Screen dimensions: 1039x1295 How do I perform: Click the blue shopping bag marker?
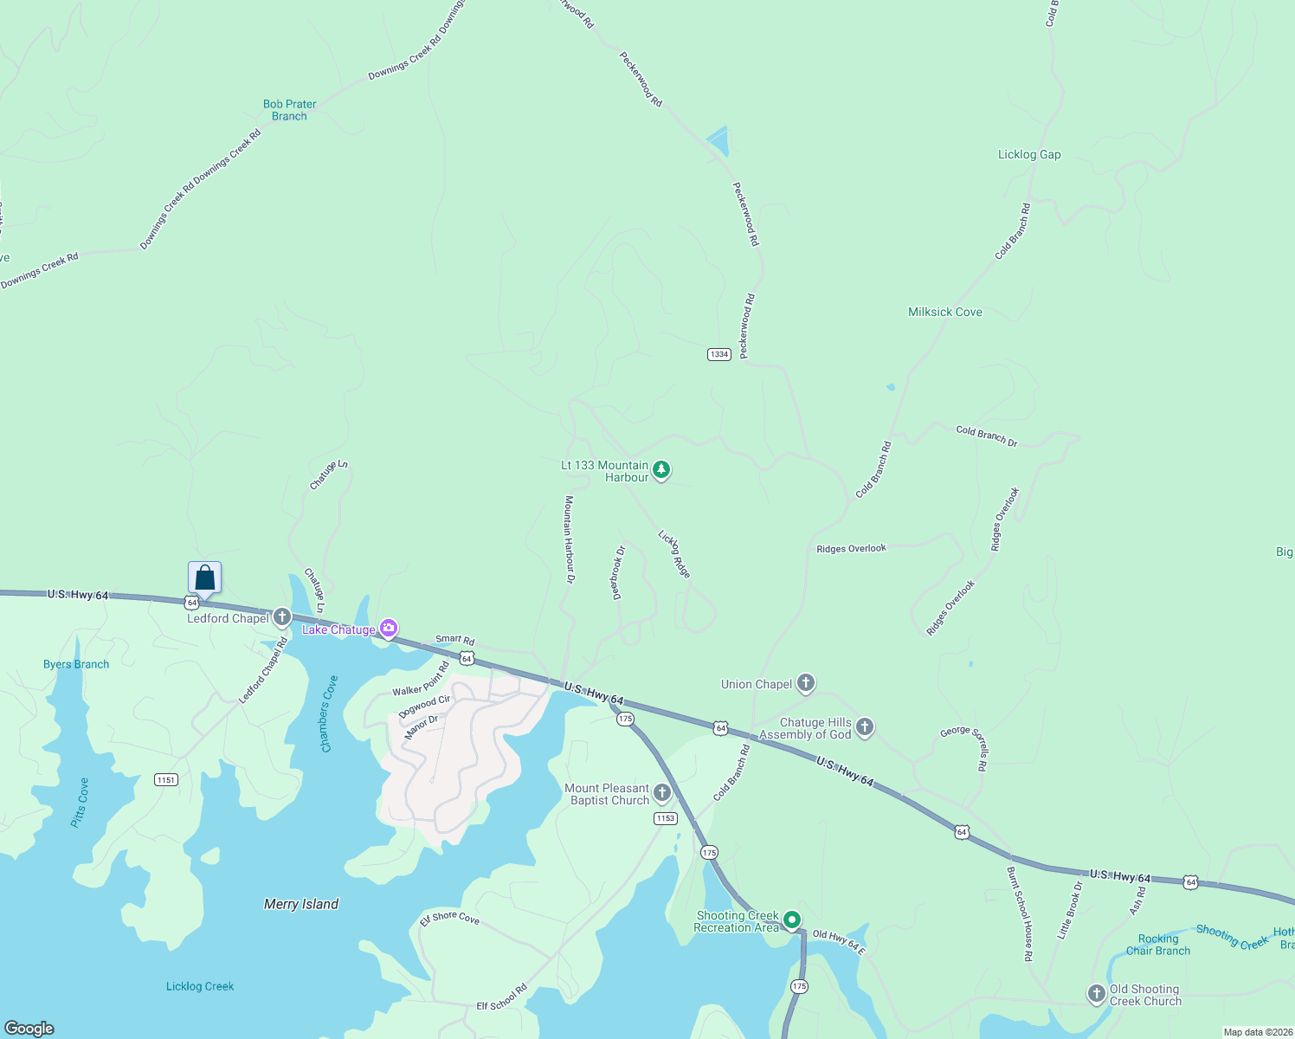[205, 578]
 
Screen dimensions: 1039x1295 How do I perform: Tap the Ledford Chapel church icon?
[281, 617]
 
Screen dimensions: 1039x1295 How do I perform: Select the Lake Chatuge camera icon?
[389, 629]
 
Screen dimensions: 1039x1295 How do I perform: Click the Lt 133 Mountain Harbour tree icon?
[661, 470]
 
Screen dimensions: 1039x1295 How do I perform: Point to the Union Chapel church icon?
[806, 683]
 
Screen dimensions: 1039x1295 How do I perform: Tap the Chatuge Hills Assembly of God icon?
[864, 727]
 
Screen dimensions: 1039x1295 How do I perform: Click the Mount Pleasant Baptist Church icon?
[662, 793]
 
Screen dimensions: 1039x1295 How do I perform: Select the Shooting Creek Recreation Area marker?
[791, 920]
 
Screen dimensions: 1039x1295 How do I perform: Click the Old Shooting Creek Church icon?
[1097, 993]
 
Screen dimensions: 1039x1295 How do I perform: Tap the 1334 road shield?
[719, 354]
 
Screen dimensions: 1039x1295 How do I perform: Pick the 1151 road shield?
[166, 780]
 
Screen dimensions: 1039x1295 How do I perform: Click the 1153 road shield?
[665, 818]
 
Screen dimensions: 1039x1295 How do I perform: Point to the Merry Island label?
[300, 904]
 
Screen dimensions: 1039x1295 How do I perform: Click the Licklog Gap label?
[1029, 154]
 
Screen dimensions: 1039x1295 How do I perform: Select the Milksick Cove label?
[944, 312]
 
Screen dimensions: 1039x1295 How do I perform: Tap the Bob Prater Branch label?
[289, 110]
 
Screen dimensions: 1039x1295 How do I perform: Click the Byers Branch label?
[76, 664]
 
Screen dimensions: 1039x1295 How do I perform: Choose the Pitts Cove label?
[80, 803]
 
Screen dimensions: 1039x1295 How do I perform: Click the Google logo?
[29, 1028]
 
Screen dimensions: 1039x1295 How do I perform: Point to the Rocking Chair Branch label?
[1158, 945]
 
